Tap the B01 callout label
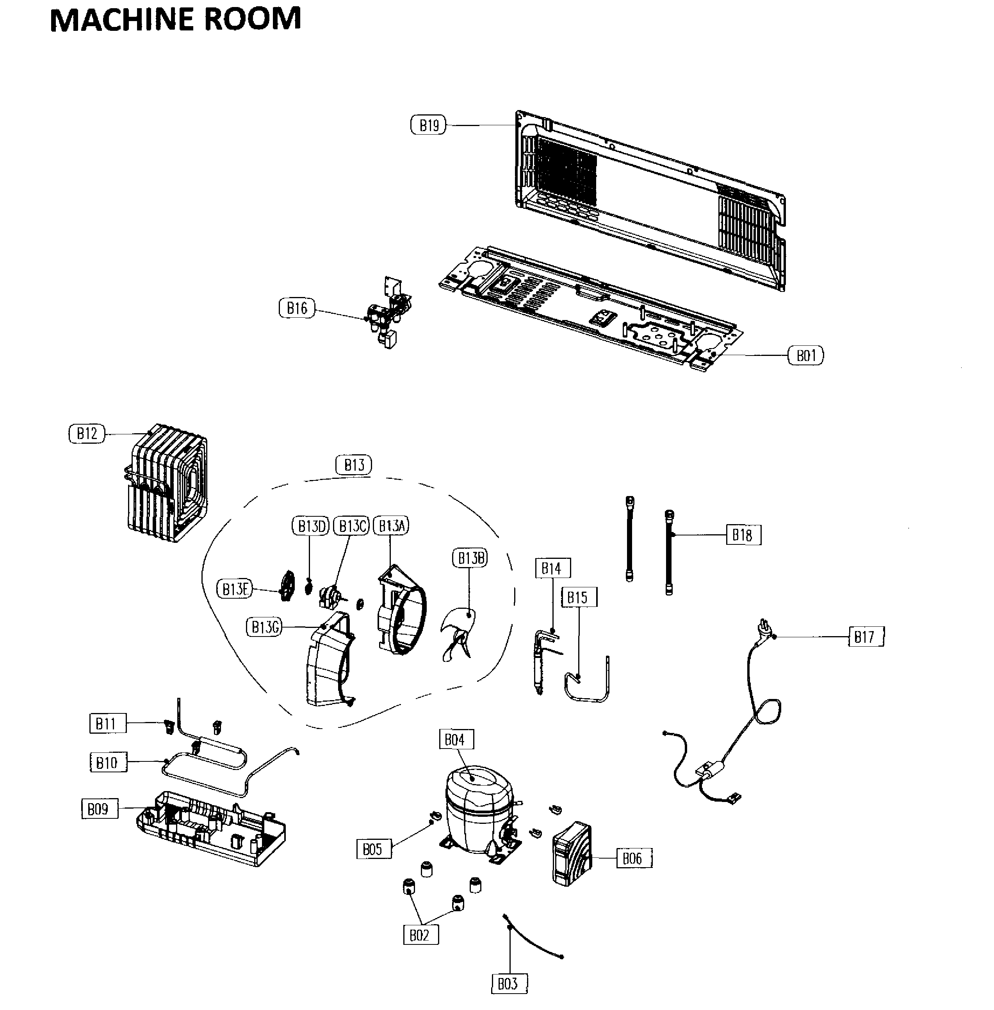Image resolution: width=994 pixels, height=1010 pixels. click(x=805, y=356)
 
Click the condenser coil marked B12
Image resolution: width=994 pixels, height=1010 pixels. click(x=167, y=483)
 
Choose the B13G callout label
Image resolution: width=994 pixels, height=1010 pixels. click(x=264, y=626)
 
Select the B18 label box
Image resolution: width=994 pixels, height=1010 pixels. click(x=743, y=535)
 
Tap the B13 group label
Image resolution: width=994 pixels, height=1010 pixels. click(x=353, y=464)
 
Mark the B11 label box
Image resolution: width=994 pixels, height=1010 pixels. click(x=107, y=724)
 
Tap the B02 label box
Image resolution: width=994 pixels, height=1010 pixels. click(x=420, y=935)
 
